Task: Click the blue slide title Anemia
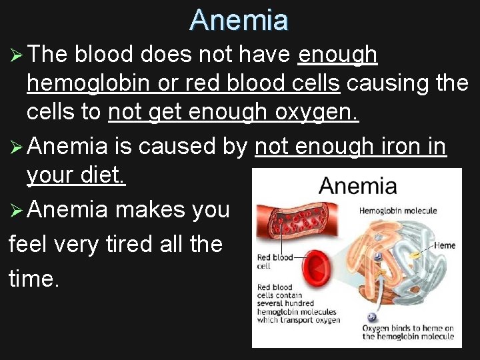(x=239, y=20)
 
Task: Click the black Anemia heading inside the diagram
(x=357, y=186)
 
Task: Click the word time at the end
(x=33, y=278)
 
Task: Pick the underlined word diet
(x=101, y=175)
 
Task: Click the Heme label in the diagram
(x=445, y=245)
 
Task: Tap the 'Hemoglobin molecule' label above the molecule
(x=398, y=211)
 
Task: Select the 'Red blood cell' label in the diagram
(x=275, y=261)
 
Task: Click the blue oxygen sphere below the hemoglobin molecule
(x=371, y=317)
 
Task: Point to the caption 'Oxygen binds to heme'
(x=407, y=332)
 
